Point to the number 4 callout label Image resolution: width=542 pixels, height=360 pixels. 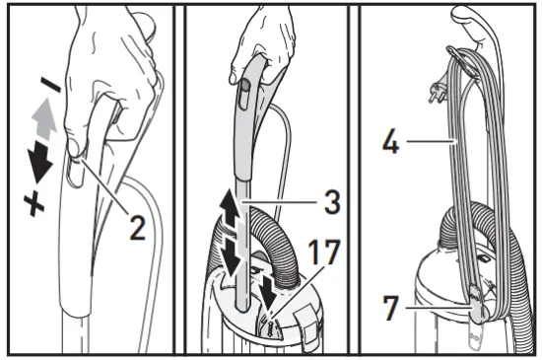pos(390,144)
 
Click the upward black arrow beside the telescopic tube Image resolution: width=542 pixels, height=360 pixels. pos(227,211)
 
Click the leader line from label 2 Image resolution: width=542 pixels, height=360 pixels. pos(104,192)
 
